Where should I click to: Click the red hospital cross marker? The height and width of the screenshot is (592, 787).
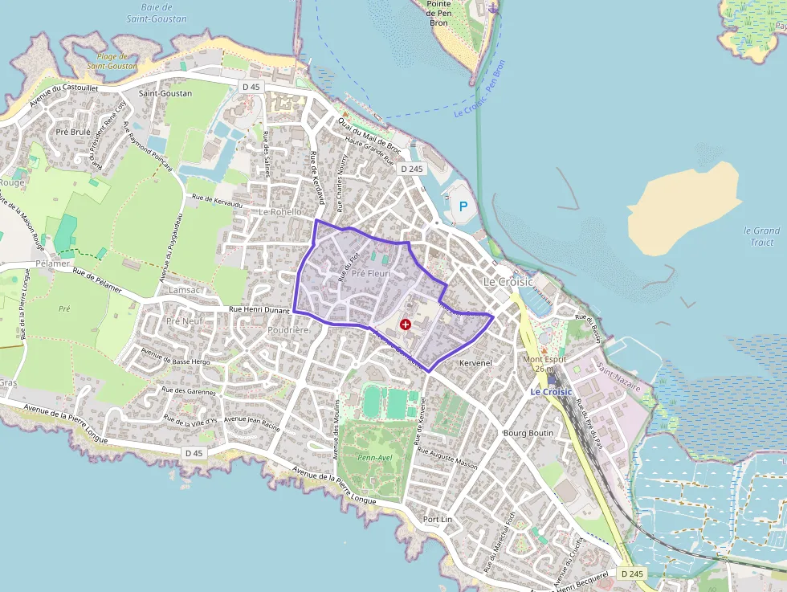pyautogui.click(x=406, y=324)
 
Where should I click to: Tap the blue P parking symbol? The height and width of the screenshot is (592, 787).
pyautogui.click(x=463, y=206)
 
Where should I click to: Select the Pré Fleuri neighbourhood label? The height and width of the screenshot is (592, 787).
pyautogui.click(x=370, y=272)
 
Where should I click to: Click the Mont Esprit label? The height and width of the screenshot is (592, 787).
pyautogui.click(x=544, y=364)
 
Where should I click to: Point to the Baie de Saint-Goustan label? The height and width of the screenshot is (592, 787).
pyautogui.click(x=157, y=13)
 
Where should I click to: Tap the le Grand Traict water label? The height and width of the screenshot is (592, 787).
pyautogui.click(x=762, y=236)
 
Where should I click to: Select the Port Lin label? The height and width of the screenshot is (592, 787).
pyautogui.click(x=438, y=519)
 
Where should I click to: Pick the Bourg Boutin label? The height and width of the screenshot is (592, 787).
pyautogui.click(x=528, y=433)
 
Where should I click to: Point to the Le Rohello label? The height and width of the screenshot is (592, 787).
pyautogui.click(x=280, y=212)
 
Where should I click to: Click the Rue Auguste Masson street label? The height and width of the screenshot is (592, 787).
pyautogui.click(x=448, y=457)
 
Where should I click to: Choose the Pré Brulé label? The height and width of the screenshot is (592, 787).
pyautogui.click(x=73, y=132)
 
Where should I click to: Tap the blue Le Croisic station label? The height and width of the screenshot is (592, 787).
pyautogui.click(x=551, y=392)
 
